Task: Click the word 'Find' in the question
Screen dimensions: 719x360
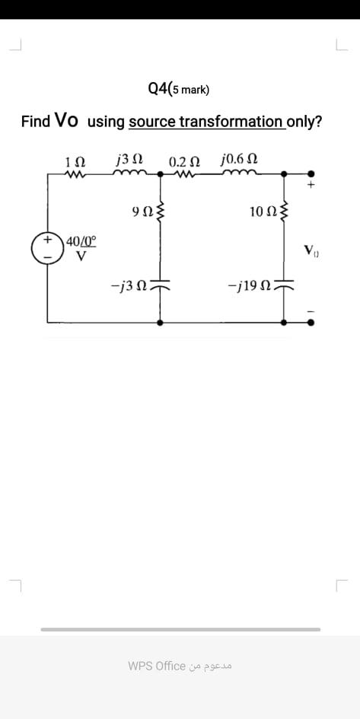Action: pos(36,122)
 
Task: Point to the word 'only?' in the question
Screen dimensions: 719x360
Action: pos(304,122)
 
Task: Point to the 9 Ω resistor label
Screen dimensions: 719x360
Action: pos(142,210)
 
